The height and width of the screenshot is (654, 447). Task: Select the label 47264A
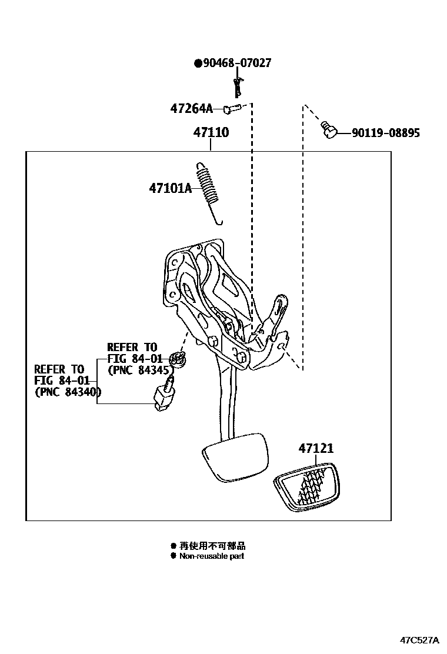(191, 109)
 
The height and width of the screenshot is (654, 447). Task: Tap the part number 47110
(211, 133)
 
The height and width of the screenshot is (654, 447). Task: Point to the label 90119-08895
(386, 133)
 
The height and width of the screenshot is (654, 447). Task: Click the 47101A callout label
(171, 189)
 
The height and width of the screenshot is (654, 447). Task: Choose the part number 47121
(316, 448)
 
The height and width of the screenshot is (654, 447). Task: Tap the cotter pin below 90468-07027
(239, 86)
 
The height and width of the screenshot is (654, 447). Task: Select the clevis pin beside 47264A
(232, 108)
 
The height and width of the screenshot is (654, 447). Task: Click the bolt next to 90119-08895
(329, 129)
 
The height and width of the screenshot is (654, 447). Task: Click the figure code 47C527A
(420, 640)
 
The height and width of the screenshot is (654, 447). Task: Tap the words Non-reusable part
(212, 556)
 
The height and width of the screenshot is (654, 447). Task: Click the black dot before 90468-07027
(198, 64)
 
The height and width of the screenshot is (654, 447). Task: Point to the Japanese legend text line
(212, 546)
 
